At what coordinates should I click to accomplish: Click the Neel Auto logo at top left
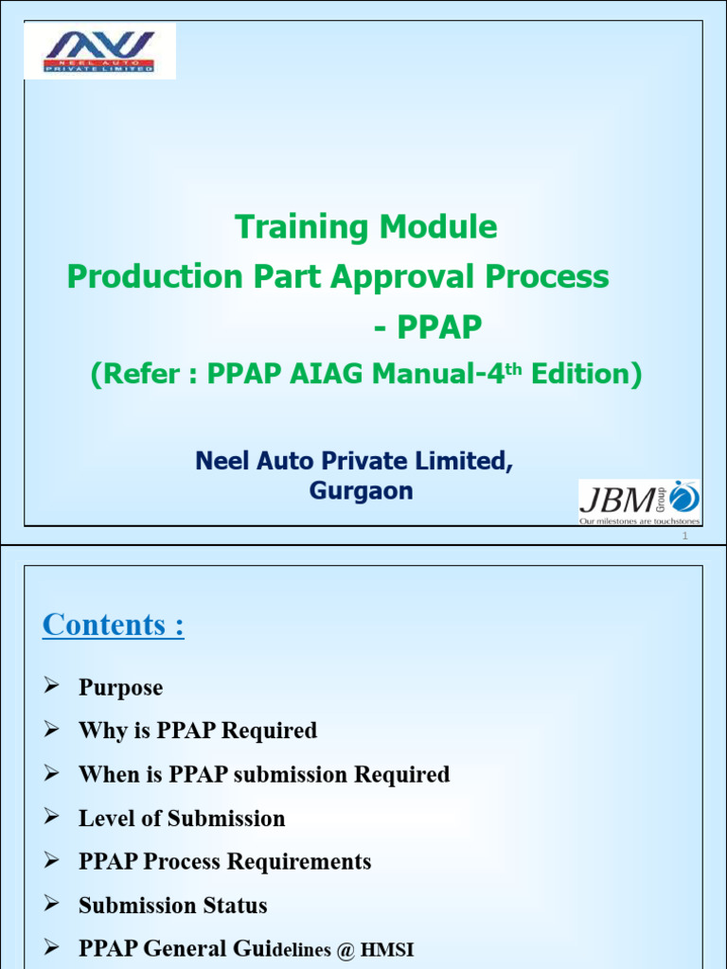(x=99, y=50)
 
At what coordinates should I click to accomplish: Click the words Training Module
(x=365, y=227)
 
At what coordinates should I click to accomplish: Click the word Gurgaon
(x=361, y=491)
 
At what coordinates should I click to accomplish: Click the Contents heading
(x=114, y=625)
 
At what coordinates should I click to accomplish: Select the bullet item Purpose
(x=120, y=688)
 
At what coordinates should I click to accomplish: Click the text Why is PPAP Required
(x=197, y=731)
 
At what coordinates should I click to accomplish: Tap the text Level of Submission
(x=182, y=819)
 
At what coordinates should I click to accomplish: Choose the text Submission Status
(x=172, y=906)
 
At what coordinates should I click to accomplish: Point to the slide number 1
(x=683, y=537)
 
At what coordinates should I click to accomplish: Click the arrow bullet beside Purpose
(x=53, y=687)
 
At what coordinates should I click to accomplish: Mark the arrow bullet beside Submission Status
(x=53, y=905)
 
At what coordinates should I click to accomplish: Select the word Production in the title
(x=154, y=277)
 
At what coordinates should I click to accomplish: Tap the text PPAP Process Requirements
(x=224, y=862)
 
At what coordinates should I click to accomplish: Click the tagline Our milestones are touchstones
(x=640, y=520)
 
